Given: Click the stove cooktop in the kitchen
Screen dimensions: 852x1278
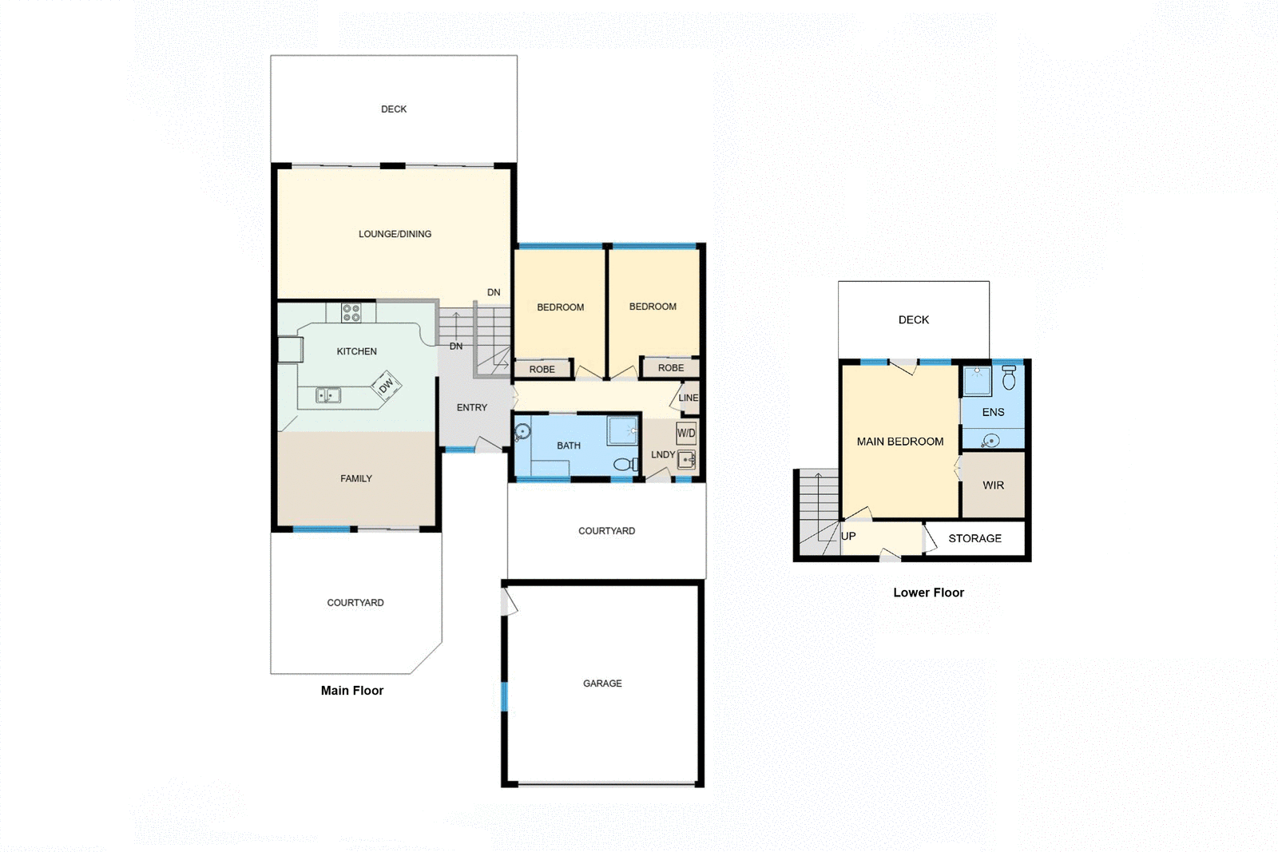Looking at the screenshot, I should tap(351, 312).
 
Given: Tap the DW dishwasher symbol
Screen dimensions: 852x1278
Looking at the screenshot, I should tap(387, 386).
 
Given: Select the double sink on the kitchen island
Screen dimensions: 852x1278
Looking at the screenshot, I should tap(327, 394).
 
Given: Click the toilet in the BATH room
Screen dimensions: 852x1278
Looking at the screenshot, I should tap(625, 464).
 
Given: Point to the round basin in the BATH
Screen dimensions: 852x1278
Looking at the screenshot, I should tap(522, 432).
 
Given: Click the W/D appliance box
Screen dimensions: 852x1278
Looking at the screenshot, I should tap(686, 434).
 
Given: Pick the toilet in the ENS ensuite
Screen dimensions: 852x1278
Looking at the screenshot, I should tap(1009, 378).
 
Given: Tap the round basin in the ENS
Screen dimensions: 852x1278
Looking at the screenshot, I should tap(990, 440).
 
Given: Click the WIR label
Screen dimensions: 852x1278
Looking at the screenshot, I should tap(993, 485).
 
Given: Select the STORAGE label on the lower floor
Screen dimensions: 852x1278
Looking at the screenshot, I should tap(974, 538).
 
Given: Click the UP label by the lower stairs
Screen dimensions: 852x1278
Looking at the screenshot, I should tap(848, 536).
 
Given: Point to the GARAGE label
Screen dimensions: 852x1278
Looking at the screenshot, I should tap(602, 684).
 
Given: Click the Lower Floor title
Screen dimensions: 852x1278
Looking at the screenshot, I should tap(928, 592).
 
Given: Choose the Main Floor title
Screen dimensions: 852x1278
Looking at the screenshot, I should tap(351, 691).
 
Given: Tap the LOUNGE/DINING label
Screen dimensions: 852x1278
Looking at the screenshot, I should tap(395, 234).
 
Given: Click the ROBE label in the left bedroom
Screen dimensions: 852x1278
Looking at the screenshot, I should tap(542, 370).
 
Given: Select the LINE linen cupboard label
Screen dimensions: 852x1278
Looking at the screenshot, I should tap(688, 398).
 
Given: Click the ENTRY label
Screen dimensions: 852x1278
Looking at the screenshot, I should tap(472, 407).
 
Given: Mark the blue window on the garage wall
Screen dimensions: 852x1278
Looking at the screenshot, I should tap(504, 696).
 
